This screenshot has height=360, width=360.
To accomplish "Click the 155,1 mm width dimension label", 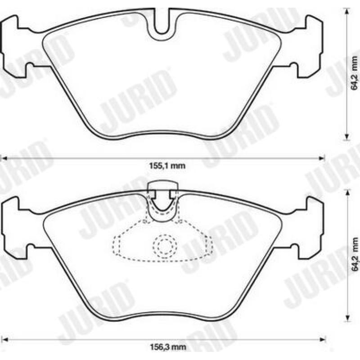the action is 167,166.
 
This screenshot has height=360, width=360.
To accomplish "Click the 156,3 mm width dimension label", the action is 168,346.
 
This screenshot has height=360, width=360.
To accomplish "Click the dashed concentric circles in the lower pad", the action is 165,246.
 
